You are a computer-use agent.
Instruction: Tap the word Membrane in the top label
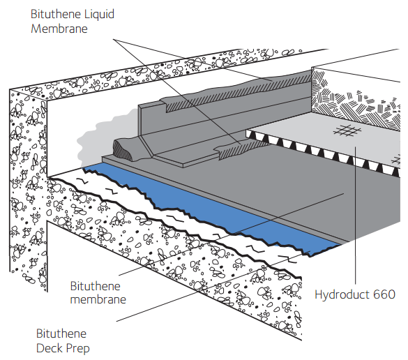click(x=59, y=29)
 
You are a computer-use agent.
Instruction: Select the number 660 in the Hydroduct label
click(x=384, y=294)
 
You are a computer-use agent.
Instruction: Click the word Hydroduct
click(x=342, y=294)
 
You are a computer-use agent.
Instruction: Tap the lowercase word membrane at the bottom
click(x=98, y=299)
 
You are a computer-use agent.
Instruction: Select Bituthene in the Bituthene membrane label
click(x=96, y=286)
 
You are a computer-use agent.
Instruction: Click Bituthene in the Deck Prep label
click(x=61, y=333)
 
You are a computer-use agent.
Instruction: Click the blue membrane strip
click(x=208, y=206)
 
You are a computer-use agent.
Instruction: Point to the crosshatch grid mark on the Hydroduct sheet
click(x=347, y=130)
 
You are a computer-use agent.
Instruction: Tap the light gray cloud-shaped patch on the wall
click(x=104, y=138)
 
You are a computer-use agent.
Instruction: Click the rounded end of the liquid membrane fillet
click(x=122, y=149)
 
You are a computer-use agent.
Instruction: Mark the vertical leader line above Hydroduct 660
click(x=355, y=215)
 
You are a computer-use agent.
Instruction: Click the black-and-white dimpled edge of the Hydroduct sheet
click(x=323, y=152)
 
